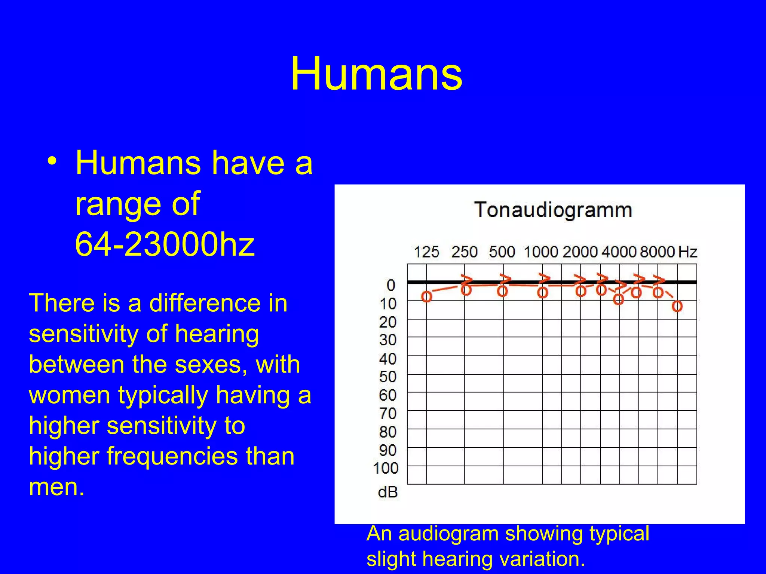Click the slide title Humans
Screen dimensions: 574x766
pos(376,74)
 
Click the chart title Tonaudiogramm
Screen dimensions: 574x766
pos(553,210)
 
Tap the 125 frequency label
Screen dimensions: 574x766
pos(426,252)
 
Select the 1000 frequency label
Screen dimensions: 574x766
pos(541,252)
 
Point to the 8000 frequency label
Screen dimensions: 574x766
pos(657,252)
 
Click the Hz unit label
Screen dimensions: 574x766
pos(688,252)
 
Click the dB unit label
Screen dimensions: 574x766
pos(387,492)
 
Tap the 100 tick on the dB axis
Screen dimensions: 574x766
pos(386,468)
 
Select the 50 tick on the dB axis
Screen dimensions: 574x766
pos(388,377)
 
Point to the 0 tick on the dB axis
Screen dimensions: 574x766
pos(391,285)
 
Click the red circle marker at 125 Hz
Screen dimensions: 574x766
pos(426,297)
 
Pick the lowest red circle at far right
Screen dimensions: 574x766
pos(677,306)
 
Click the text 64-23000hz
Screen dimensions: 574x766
pos(165,245)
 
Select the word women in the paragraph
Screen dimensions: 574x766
pos(69,395)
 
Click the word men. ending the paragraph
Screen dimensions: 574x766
pos(56,487)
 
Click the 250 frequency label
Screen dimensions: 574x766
pos(464,252)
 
